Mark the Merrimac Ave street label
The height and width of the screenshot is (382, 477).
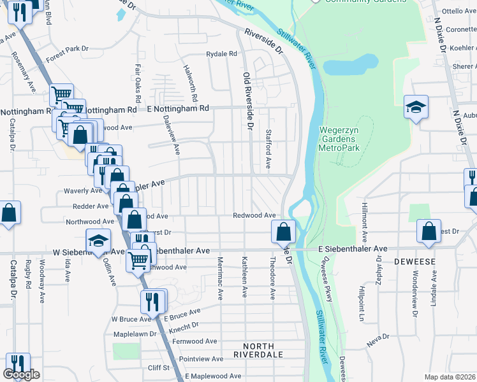coord(220,278)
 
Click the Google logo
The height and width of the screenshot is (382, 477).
coord(21,374)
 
